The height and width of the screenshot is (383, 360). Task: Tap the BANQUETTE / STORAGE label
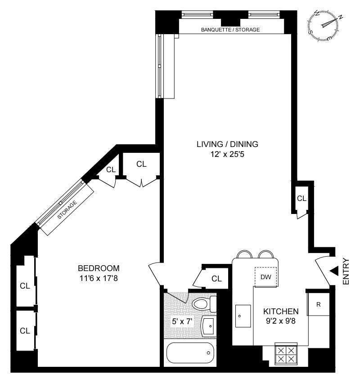(230, 30)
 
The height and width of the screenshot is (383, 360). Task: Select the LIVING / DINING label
(227, 144)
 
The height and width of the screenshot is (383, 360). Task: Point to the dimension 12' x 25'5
(227, 154)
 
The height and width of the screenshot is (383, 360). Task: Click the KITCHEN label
(281, 311)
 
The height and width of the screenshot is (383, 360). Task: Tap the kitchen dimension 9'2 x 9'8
(281, 321)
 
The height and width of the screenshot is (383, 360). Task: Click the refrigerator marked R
(319, 305)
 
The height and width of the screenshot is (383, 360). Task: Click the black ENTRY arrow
(333, 271)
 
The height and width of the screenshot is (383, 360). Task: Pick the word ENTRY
(346, 271)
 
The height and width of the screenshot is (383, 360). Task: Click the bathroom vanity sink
(208, 325)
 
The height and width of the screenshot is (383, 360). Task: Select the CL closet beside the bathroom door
(216, 279)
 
